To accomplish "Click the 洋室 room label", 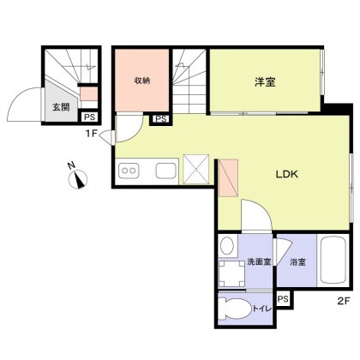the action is pyautogui.click(x=265, y=82).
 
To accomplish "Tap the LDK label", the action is pyautogui.click(x=287, y=174).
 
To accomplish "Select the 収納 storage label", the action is pyautogui.click(x=142, y=81).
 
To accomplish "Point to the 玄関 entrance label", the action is pyautogui.click(x=61, y=107).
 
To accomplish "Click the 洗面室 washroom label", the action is pyautogui.click(x=259, y=261).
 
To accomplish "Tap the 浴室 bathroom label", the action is pyautogui.click(x=298, y=261).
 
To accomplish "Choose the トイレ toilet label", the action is pyautogui.click(x=261, y=309).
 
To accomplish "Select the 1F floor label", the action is pyautogui.click(x=92, y=134).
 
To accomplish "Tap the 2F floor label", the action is pyautogui.click(x=344, y=301).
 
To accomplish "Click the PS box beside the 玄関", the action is pyautogui.click(x=89, y=117).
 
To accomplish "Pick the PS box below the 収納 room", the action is pyautogui.click(x=161, y=119).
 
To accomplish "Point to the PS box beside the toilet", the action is pyautogui.click(x=283, y=299).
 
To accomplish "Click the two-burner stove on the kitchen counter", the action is pyautogui.click(x=129, y=171).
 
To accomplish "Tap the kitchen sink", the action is pyautogui.click(x=166, y=171).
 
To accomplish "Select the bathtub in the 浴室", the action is pyautogui.click(x=333, y=261).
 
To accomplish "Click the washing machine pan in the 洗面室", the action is pyautogui.click(x=231, y=273).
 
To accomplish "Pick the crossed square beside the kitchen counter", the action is pyautogui.click(x=196, y=170).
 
